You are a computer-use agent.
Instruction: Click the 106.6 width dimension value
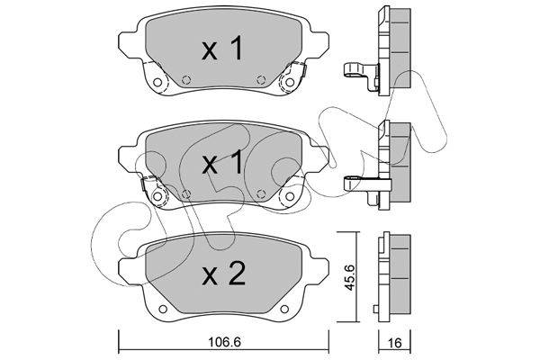tap(224, 342)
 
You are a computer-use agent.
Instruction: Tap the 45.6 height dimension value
tap(350, 278)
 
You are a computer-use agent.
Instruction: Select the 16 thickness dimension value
tap(395, 343)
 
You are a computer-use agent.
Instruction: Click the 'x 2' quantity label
tap(224, 274)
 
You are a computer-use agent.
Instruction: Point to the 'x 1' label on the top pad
tap(222, 49)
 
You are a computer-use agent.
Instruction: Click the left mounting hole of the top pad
tap(157, 82)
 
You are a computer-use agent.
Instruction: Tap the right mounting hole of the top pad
tap(290, 82)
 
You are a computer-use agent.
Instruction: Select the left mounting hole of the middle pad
tap(157, 196)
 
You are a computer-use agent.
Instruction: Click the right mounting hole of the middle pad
tap(290, 196)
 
